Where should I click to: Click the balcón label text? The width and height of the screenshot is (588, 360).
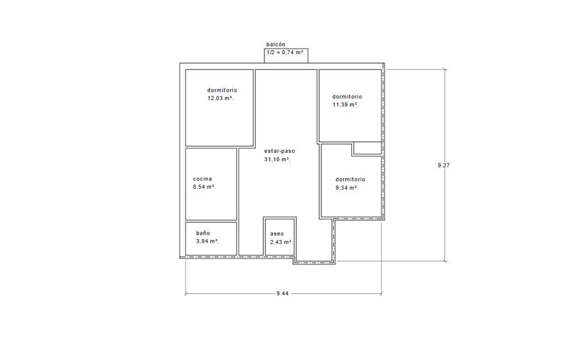276,44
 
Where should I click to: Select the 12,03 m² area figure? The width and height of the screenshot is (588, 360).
220,98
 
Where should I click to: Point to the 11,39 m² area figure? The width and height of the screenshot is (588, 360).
345,105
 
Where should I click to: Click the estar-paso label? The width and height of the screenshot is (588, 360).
280,151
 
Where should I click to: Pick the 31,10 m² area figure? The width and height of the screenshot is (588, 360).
277,159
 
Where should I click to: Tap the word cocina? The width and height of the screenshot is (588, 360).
202,179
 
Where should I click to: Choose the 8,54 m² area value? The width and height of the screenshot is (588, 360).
204,187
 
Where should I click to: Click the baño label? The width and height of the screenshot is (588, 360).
203,233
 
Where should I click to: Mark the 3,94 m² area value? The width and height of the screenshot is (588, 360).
207,241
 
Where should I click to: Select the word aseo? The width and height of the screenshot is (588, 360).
277,234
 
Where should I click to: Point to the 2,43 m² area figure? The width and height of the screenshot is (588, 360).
281,242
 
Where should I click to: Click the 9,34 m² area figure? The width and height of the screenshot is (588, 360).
347,188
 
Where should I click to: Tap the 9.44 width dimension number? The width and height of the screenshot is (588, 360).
282,293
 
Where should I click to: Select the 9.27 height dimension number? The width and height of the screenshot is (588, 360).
444,165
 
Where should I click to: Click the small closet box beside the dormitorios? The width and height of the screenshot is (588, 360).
368,148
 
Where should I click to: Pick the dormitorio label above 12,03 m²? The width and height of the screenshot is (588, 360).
222,90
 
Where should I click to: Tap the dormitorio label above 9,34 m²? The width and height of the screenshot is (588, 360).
350,179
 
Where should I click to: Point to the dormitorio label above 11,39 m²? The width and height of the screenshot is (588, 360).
347,97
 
